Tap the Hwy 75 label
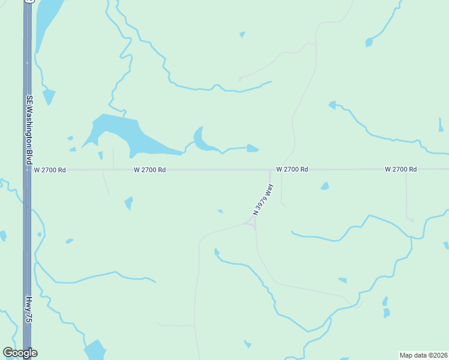(x=28, y=310)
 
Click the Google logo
(x=20, y=353)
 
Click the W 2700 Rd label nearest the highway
(x=50, y=170)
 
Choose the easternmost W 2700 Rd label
(x=400, y=170)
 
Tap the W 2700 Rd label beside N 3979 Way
(x=292, y=170)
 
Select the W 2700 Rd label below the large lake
(x=149, y=170)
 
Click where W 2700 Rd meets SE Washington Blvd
(x=28, y=170)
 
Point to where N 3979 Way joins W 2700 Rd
(x=270, y=170)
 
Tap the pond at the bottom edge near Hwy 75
(x=94, y=350)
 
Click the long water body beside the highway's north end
(x=48, y=21)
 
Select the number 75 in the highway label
(x=28, y=317)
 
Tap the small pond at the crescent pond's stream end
(x=252, y=148)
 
